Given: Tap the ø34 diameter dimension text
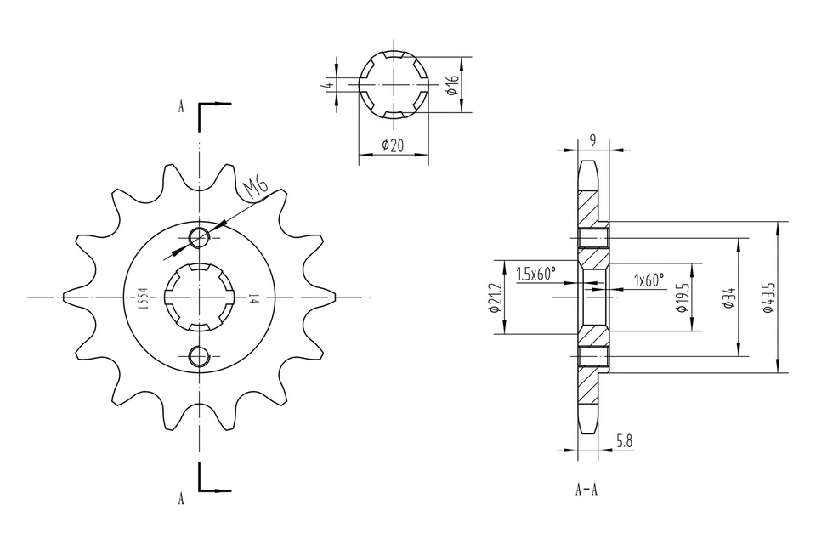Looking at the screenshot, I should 728,297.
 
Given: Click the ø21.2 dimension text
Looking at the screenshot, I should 495,297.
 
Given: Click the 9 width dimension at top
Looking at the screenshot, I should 592,139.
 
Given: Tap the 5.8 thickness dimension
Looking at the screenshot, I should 623,440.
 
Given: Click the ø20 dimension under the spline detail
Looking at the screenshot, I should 392,145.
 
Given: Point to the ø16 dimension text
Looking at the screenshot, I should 452,84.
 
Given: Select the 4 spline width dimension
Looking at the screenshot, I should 327,85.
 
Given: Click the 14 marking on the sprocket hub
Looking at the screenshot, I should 253,297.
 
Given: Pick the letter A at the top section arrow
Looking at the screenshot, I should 180,107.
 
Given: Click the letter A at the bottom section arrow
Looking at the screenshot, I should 180,499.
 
